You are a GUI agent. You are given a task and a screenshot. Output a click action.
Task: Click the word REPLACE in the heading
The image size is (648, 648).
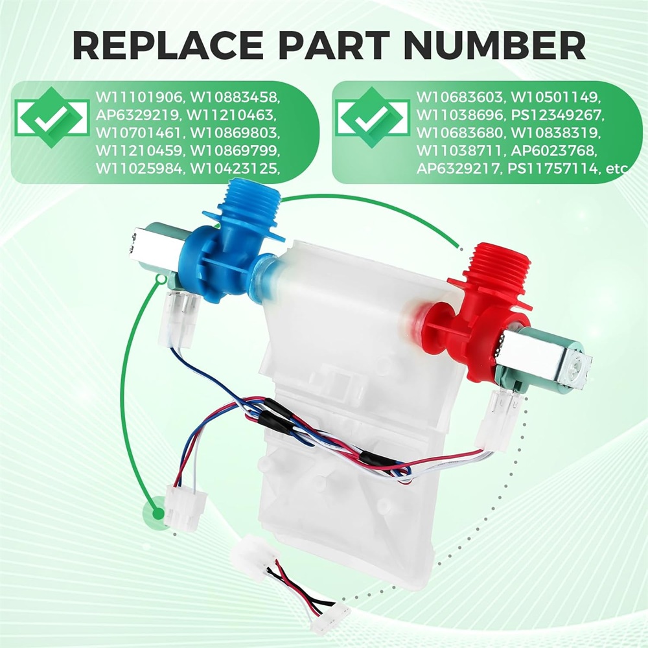click(167, 45)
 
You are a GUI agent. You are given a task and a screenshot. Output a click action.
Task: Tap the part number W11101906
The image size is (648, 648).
click(139, 98)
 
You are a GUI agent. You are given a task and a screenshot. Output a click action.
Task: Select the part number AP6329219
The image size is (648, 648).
click(139, 115)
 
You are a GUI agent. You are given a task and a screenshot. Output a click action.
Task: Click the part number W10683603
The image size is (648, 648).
click(460, 98)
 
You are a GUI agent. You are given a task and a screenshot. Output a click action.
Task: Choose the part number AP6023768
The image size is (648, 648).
click(554, 151)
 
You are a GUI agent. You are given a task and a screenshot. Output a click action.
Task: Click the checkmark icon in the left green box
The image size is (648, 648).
click(51, 117)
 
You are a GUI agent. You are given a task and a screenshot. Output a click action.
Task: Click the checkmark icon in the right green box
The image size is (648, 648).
click(372, 117)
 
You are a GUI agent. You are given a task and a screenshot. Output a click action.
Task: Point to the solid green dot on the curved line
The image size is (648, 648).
click(158, 514)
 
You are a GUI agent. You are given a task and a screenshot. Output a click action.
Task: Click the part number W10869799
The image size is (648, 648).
click(235, 151)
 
